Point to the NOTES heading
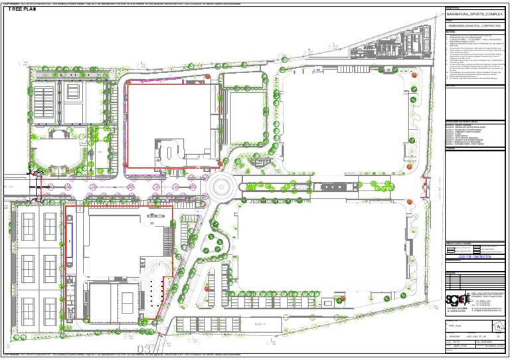click(x=451, y=31)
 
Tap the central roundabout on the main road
click(x=226, y=183)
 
